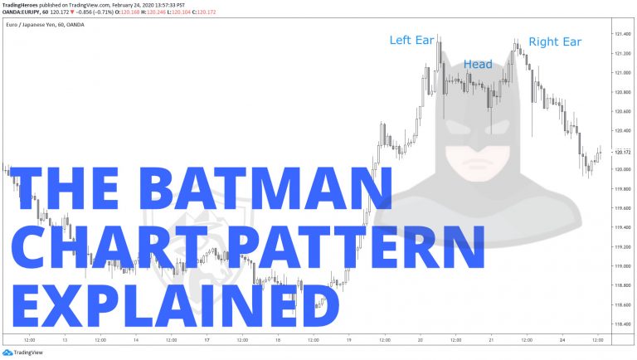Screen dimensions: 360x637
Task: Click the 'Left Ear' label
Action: tap(411, 40)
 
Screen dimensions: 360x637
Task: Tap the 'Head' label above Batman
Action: tap(478, 64)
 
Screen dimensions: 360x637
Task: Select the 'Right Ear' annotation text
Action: tap(555, 41)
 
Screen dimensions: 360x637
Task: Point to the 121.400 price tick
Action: tap(622, 34)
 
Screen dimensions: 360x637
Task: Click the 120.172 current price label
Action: tap(622, 152)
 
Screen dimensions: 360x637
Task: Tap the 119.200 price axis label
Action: tap(622, 247)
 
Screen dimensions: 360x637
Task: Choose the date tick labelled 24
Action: tap(562, 340)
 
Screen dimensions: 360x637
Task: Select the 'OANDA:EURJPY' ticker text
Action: tap(22, 12)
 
